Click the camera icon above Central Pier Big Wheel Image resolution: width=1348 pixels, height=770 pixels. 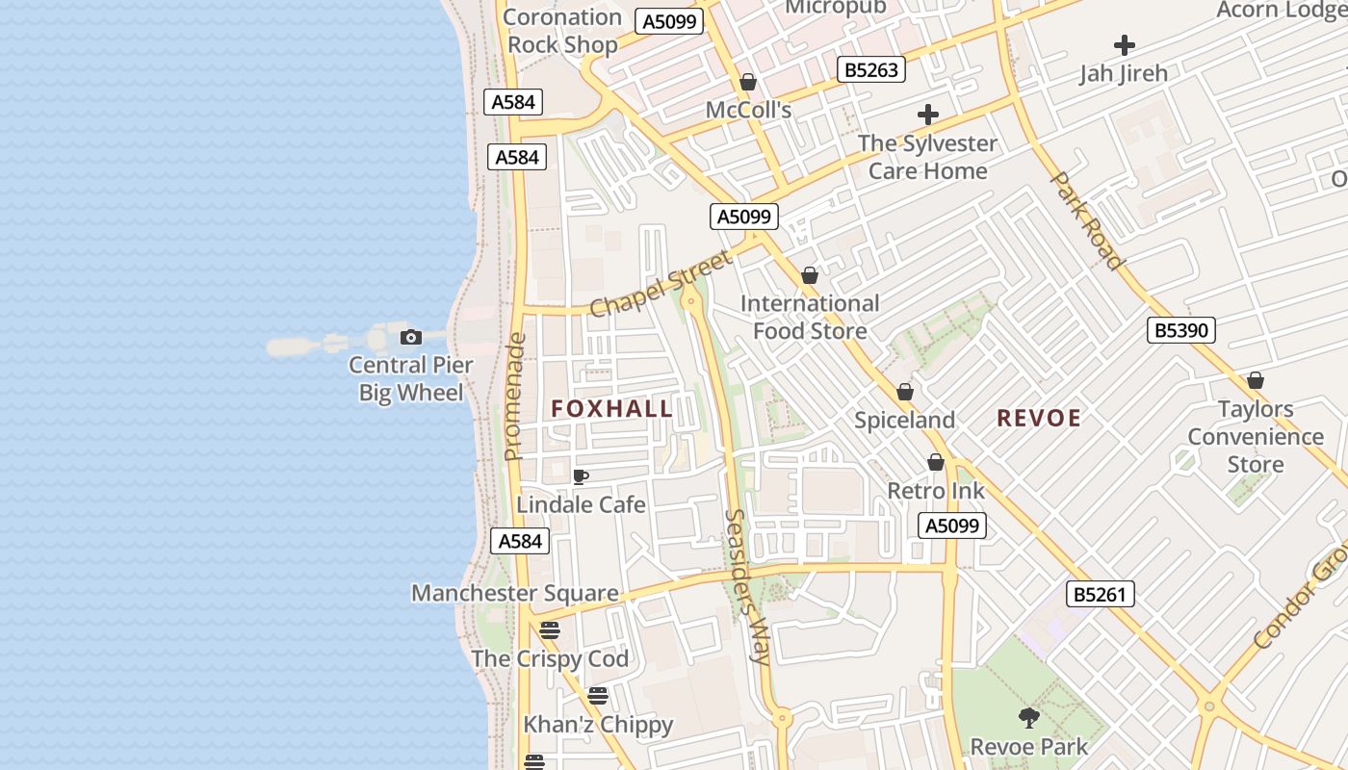pyautogui.click(x=411, y=337)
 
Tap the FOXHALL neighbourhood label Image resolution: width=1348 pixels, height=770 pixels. pyautogui.click(x=611, y=409)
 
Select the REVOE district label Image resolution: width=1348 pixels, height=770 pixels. pyautogui.click(x=1039, y=419)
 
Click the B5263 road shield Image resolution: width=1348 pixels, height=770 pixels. pyautogui.click(x=871, y=69)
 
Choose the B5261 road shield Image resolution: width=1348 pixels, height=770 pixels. pyautogui.click(x=1101, y=594)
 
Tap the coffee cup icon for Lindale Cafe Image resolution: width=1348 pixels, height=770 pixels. pyautogui.click(x=581, y=476)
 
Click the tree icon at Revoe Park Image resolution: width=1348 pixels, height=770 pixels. pyautogui.click(x=1029, y=717)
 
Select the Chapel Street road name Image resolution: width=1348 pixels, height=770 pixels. pyautogui.click(x=661, y=284)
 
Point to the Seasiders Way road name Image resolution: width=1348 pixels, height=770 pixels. pyautogui.click(x=747, y=587)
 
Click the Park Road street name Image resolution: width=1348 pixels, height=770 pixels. pyautogui.click(x=1086, y=220)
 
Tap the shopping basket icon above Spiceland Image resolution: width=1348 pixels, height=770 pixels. pyautogui.click(x=905, y=392)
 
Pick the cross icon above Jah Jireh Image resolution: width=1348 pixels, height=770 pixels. pyautogui.click(x=1124, y=45)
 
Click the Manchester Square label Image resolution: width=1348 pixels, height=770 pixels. pyautogui.click(x=515, y=593)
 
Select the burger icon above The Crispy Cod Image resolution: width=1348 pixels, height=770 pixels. pyautogui.click(x=550, y=630)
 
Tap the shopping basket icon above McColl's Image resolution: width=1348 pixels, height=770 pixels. pyautogui.click(x=748, y=82)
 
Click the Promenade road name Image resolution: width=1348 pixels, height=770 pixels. pyautogui.click(x=515, y=397)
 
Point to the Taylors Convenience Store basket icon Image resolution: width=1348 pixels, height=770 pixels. pyautogui.click(x=1256, y=380)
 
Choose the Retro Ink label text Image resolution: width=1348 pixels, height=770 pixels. pyautogui.click(x=936, y=491)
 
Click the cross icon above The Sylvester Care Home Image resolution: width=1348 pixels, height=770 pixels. pyautogui.click(x=928, y=115)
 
